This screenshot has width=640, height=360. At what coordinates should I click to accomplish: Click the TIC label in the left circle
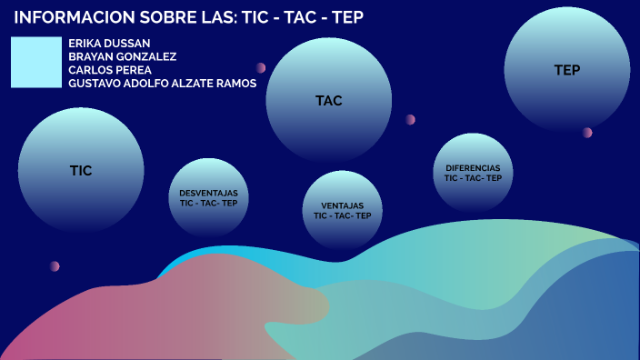(81, 170)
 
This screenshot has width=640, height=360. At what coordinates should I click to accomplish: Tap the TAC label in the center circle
(328, 101)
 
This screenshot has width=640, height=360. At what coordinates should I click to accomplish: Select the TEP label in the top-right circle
(567, 70)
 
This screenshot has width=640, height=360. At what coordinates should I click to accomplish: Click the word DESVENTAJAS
(208, 193)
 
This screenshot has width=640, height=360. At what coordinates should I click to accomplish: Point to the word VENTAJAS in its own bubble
(342, 205)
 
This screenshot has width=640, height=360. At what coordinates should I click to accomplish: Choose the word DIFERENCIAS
(473, 168)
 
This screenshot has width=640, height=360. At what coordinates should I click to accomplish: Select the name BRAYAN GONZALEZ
(122, 56)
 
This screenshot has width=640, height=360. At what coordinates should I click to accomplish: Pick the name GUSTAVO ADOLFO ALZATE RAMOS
(162, 84)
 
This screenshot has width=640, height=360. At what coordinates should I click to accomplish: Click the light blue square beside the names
(35, 63)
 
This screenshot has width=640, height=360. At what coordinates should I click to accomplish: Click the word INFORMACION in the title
(66, 18)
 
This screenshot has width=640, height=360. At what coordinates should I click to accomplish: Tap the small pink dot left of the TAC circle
(261, 68)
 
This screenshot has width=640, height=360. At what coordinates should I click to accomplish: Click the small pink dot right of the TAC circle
(411, 119)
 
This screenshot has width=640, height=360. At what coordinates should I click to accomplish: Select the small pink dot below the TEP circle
(587, 133)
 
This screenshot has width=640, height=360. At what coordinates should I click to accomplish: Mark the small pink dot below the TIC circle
(55, 266)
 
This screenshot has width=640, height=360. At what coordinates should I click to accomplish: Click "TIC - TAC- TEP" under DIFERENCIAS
(473, 178)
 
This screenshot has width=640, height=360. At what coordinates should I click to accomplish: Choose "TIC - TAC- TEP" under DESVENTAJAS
(208, 204)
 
